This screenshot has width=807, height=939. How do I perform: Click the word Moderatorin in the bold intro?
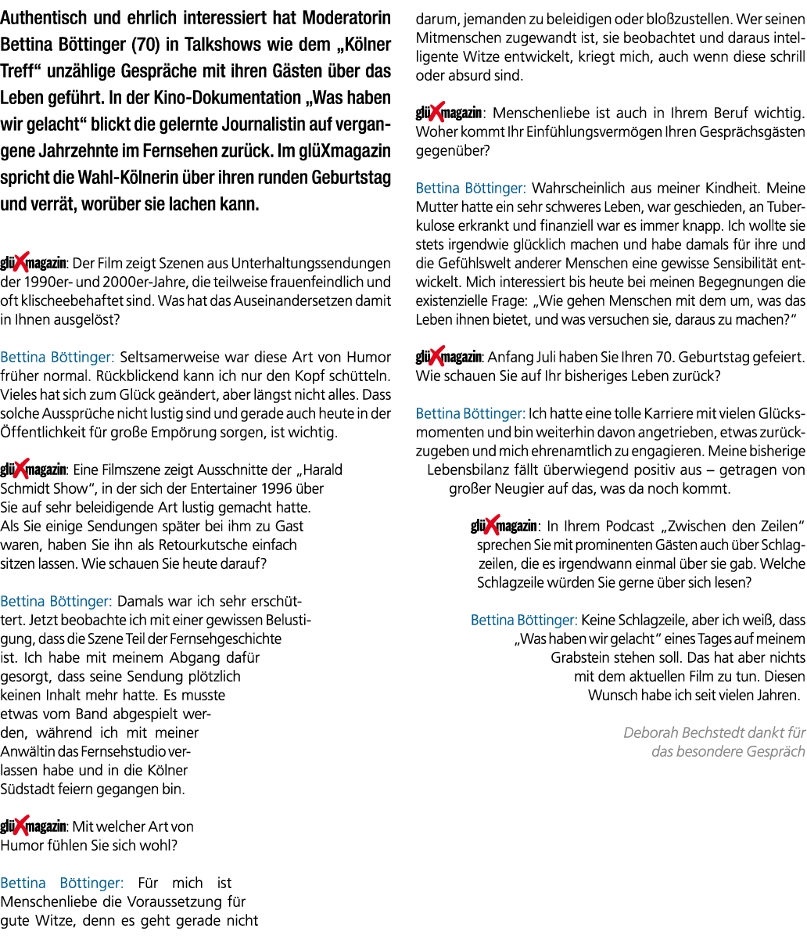pos(346,18)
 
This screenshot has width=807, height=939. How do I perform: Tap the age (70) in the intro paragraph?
pos(145,45)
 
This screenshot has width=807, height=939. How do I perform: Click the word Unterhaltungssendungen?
pos(310,264)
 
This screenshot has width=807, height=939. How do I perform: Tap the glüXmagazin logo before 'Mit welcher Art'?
pos(33,826)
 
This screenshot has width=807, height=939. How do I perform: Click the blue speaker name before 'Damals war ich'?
pos(56,601)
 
